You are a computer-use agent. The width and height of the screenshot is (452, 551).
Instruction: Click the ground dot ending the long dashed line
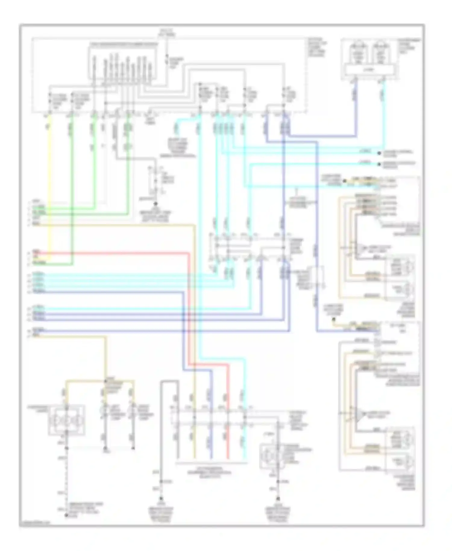pos(67,515)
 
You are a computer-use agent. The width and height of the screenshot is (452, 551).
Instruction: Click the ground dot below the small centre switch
pos(155,204)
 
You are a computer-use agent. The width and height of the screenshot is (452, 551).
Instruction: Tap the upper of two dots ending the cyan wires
pos(379,153)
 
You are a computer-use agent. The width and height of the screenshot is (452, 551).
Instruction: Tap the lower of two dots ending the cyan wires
pos(379,164)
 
